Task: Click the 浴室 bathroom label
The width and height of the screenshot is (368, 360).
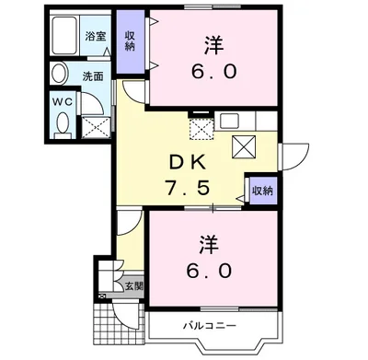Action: pyautogui.click(x=96, y=37)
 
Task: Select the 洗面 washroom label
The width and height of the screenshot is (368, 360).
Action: pyautogui.click(x=94, y=75)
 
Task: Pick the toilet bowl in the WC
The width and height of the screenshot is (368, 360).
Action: pyautogui.click(x=62, y=123)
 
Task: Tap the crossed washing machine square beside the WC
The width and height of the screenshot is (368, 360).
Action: pyautogui.click(x=96, y=125)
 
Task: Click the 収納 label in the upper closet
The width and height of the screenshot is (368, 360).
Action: pyautogui.click(x=130, y=41)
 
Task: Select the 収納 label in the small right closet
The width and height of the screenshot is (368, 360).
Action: pyautogui.click(x=262, y=191)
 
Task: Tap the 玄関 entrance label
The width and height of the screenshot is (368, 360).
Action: pyautogui.click(x=135, y=285)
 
